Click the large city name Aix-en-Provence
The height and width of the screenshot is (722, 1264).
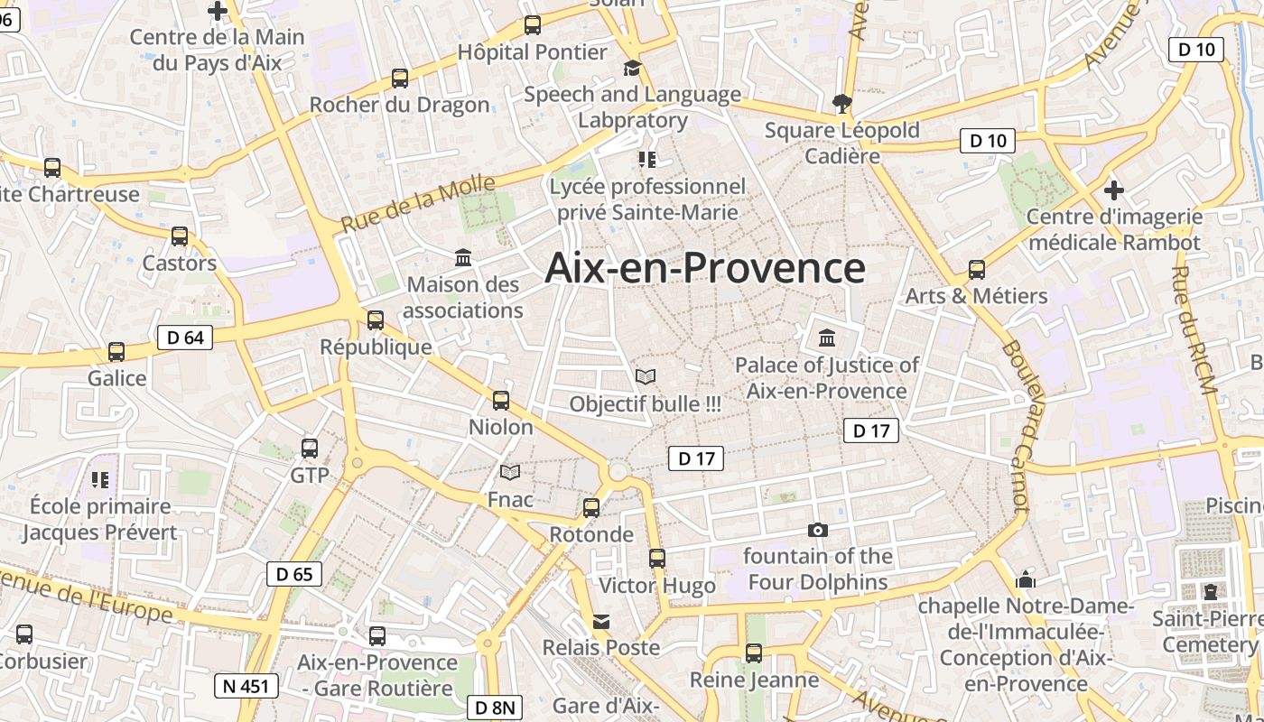705,268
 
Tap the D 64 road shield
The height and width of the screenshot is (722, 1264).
185,338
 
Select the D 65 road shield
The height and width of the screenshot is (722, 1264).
294,573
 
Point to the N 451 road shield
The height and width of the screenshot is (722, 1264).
246,686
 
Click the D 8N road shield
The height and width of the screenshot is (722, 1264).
494,708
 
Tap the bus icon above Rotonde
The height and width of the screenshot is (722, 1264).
591,508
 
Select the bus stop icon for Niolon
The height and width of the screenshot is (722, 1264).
501,401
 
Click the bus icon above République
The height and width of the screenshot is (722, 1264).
376,320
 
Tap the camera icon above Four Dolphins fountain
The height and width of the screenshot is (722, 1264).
818,530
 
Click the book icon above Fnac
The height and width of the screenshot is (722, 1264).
510,472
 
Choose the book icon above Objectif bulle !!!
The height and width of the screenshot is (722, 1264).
646,376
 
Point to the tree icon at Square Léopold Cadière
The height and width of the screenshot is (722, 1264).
842,103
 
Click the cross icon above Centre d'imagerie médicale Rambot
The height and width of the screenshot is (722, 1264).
1114,190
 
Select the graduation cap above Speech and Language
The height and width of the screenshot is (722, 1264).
632,69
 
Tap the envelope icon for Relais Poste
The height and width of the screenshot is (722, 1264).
601,622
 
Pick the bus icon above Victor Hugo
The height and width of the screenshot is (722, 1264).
657,559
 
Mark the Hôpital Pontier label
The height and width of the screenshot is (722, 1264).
532,52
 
